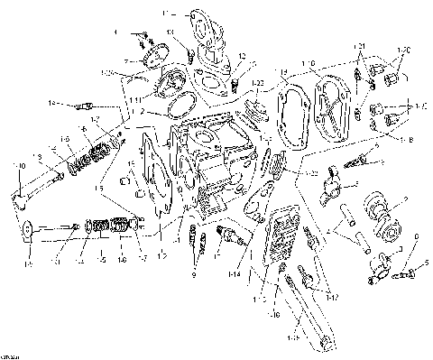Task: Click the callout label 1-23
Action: click(x=312, y=171)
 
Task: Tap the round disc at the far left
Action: click(x=28, y=229)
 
